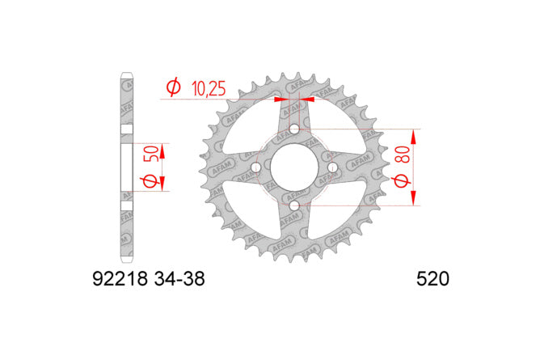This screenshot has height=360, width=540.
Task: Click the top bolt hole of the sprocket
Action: click(x=294, y=129)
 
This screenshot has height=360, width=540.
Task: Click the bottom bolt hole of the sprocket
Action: click(x=294, y=206)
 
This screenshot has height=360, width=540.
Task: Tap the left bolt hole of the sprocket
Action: click(x=256, y=167)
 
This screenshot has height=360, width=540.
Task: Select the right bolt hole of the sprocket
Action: click(x=333, y=167)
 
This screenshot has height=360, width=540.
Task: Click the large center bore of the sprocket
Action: click(x=294, y=167)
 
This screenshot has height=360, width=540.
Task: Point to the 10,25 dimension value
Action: click(x=209, y=88)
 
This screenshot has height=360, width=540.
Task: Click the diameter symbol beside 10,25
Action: click(x=173, y=87)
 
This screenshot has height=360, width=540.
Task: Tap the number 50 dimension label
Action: click(x=154, y=154)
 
